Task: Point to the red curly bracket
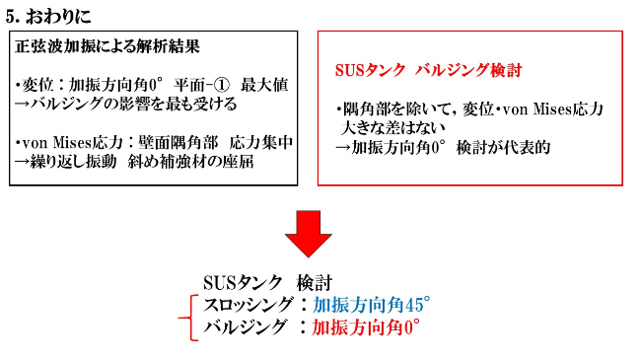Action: pyautogui.click(x=182, y=317)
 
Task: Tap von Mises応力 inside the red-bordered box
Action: pyautogui.click(x=547, y=108)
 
